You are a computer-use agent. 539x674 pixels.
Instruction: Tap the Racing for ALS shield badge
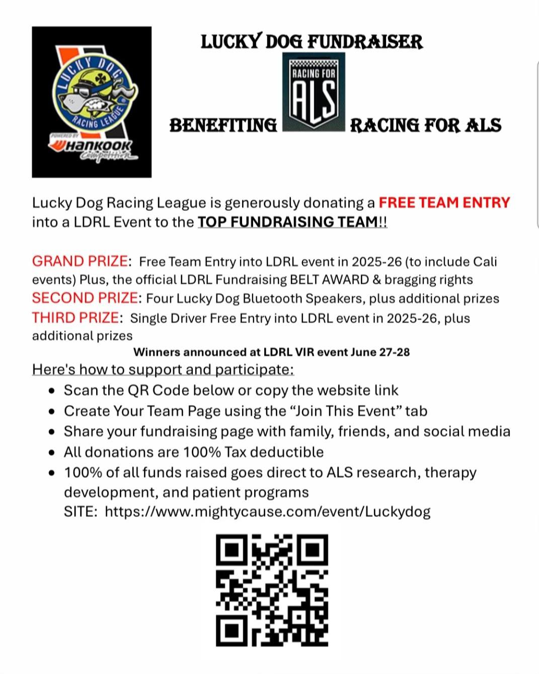[x=314, y=92]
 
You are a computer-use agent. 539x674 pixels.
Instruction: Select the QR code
[x=272, y=590]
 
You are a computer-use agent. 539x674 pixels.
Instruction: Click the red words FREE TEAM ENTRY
[x=444, y=202]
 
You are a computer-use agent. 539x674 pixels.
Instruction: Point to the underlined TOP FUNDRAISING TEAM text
[x=288, y=222]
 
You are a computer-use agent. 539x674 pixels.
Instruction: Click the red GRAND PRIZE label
[x=80, y=261]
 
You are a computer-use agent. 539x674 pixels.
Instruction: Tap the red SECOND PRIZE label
[x=84, y=298]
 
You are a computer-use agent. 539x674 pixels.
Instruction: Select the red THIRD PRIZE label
[x=75, y=318]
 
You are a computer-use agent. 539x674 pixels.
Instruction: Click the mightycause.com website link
[x=267, y=511]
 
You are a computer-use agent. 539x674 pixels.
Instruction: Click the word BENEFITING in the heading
[x=223, y=125]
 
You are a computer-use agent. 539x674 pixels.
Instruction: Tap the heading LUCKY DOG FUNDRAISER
[x=312, y=42]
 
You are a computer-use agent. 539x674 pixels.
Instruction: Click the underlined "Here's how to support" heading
[x=163, y=369]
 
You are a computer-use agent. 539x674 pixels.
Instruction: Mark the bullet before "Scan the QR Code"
[x=51, y=391]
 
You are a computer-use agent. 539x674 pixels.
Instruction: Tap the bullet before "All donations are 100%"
[x=51, y=453]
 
